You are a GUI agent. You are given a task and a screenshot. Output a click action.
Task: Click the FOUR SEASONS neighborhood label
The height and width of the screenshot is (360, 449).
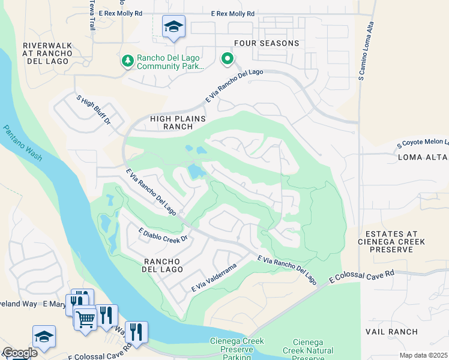pos(267,43)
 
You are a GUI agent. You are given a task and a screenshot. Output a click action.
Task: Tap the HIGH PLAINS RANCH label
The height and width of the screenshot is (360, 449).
pos(170,122)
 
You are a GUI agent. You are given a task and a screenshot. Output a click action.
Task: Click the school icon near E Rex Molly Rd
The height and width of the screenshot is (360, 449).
pos(173,27)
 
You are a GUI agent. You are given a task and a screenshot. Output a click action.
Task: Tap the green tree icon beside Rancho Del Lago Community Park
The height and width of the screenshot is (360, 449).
pos(127,61)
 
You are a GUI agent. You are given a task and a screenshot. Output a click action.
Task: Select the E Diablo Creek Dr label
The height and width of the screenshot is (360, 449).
pos(163,235)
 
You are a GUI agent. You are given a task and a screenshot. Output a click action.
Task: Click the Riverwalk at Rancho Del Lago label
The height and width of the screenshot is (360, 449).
pos(47,53)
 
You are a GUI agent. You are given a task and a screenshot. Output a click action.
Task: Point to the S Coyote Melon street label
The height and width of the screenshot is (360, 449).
pos(423,143)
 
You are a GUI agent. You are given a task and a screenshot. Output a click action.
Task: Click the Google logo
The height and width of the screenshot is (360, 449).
pos(20,353)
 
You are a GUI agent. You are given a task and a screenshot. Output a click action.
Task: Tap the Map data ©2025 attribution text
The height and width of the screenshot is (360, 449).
pos(423,355)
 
